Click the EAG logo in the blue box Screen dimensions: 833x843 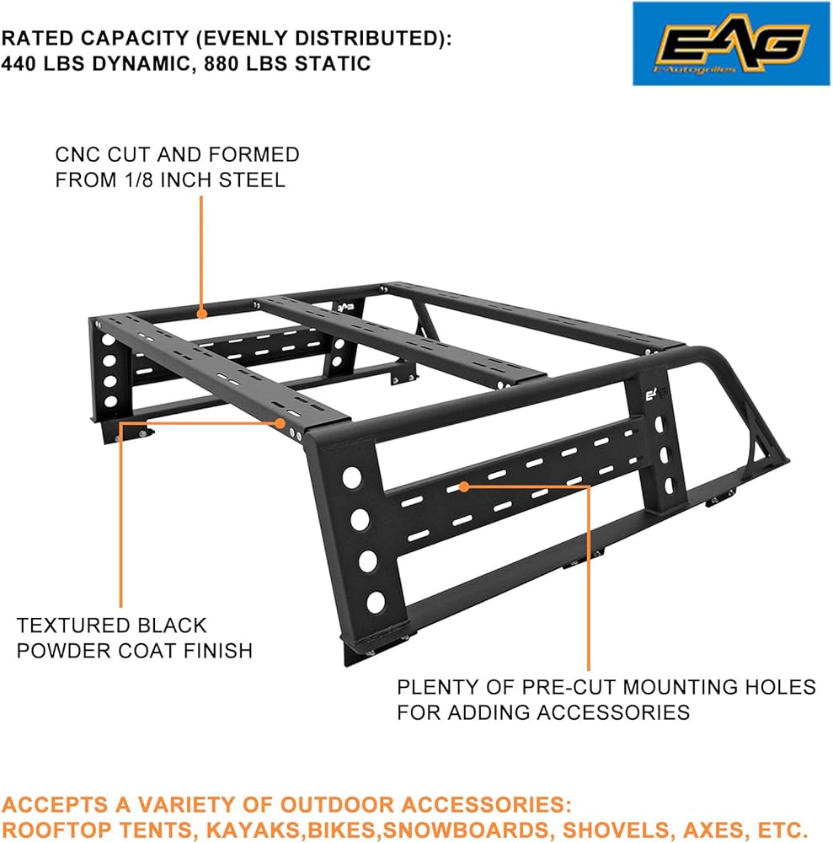coord(732,43)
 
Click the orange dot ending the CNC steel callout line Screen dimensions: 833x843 coord(202,314)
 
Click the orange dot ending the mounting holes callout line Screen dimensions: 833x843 coord(464,486)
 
